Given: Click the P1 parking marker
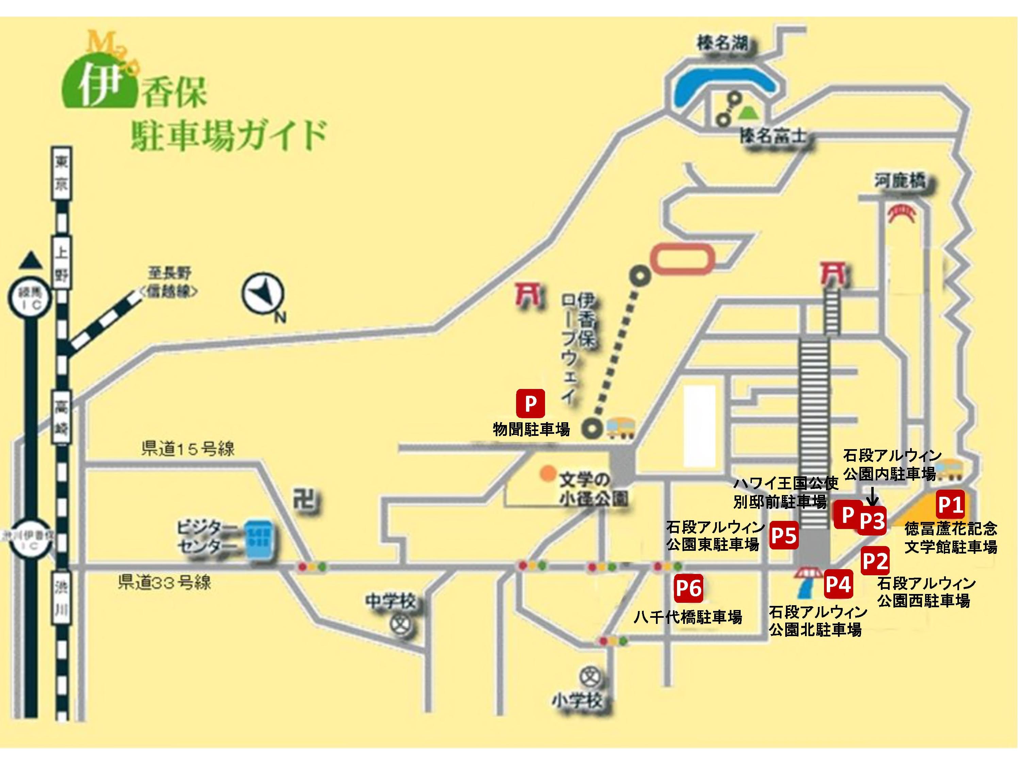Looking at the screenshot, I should [950, 505].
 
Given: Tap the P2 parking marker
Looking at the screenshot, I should [875, 561].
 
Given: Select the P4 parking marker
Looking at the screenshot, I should [838, 584].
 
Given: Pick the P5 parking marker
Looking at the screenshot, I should [784, 536].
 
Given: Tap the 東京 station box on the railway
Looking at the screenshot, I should [62, 173].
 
